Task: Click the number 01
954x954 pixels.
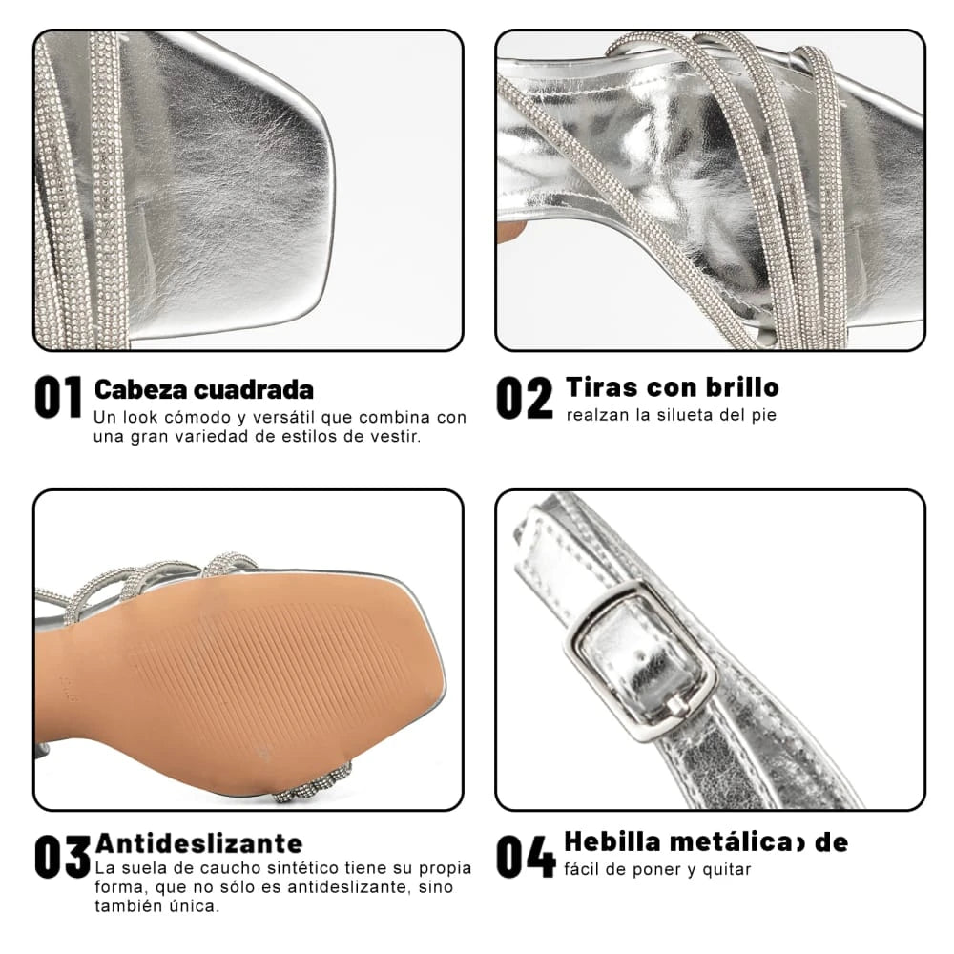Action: pyautogui.click(x=58, y=398)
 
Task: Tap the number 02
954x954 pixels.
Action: pyautogui.click(x=524, y=398)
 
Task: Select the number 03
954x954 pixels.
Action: pyautogui.click(x=63, y=857)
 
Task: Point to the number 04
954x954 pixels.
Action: pyautogui.click(x=526, y=857)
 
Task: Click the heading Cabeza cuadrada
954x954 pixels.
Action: pyautogui.click(x=203, y=389)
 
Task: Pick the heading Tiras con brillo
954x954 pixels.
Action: pyautogui.click(x=672, y=387)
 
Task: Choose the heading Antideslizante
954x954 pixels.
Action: pyautogui.click(x=198, y=843)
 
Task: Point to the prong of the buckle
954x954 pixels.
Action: pyautogui.click(x=678, y=705)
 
